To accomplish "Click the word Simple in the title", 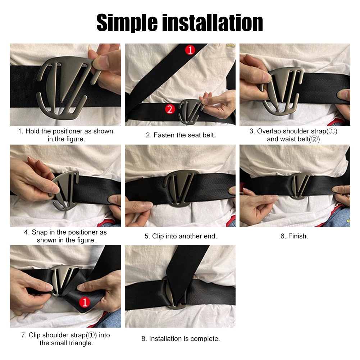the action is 127,23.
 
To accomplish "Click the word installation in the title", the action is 213,23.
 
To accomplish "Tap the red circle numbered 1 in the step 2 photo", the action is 190,50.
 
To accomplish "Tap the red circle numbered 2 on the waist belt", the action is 170,109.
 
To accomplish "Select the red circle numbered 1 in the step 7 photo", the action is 85,302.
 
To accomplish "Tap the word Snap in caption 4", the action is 40,232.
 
